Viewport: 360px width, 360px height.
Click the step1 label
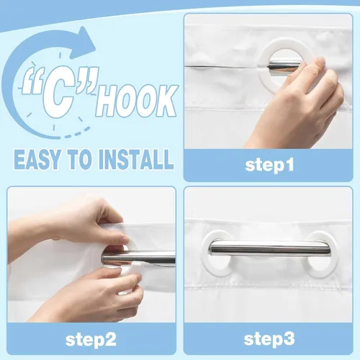point(269,165)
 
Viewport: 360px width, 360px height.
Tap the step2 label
point(91,339)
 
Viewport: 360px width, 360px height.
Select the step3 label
point(269,339)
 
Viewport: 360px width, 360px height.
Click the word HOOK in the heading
point(137,100)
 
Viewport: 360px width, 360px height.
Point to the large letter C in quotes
point(59,92)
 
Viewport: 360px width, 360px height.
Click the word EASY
point(37,159)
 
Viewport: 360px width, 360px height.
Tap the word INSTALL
point(136,159)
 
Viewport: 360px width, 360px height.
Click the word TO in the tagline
point(78,159)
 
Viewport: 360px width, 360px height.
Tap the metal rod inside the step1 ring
point(284,66)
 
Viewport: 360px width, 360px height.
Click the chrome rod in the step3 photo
point(269,248)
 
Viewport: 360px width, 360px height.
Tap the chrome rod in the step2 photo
point(139,257)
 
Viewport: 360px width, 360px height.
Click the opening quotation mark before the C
point(31,81)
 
